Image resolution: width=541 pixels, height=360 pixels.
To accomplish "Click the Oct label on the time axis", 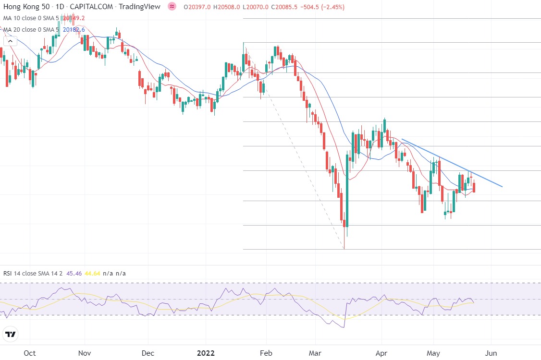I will [30, 353].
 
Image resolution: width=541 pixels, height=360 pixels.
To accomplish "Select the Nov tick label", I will [85, 353].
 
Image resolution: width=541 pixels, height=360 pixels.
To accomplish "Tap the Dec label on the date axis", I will [148, 353].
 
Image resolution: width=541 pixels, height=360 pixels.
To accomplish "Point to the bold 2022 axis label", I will [205, 353].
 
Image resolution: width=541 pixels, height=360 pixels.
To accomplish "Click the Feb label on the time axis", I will [266, 353].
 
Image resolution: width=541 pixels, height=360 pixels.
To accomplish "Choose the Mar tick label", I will [315, 353].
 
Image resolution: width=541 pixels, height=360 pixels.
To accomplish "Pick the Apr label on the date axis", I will [381, 353].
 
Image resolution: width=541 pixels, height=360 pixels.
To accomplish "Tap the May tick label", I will [433, 353].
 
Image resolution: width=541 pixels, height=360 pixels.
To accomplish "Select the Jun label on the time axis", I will [491, 353].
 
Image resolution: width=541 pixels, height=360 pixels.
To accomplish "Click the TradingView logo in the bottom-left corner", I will [11, 335].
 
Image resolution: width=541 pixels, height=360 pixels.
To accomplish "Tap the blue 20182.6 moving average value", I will [74, 30].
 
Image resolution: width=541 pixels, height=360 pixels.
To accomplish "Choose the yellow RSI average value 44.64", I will [93, 273].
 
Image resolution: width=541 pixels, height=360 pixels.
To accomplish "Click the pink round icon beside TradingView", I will [172, 7].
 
